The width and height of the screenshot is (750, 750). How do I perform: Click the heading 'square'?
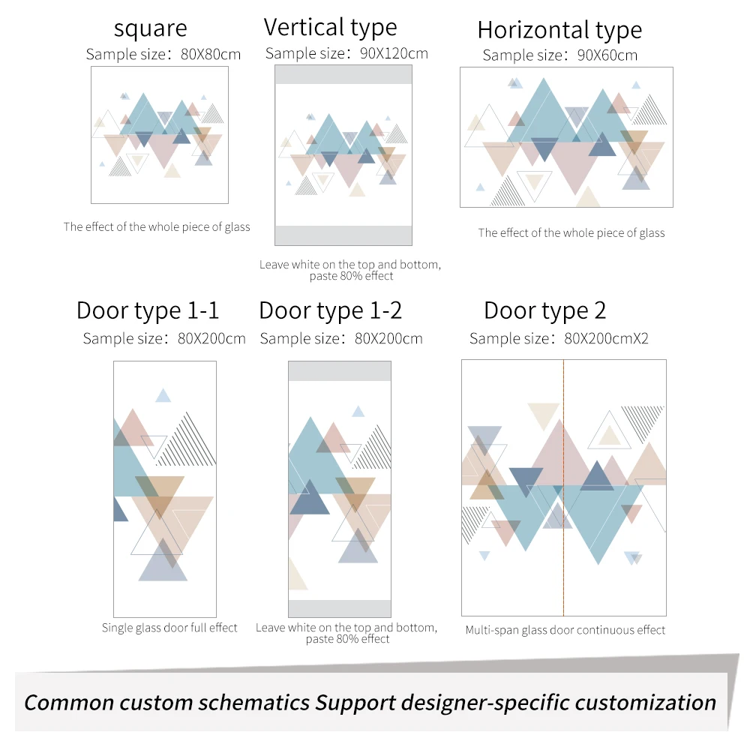pyautogui.click(x=151, y=28)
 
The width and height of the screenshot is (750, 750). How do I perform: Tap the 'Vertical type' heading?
pyautogui.click(x=331, y=28)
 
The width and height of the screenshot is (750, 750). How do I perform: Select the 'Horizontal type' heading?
pyautogui.click(x=559, y=31)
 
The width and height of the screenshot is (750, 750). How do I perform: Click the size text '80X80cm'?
pyautogui.click(x=211, y=54)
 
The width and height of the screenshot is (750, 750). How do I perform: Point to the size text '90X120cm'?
pyautogui.click(x=394, y=53)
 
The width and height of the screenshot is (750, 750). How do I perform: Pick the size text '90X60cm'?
pyautogui.click(x=607, y=55)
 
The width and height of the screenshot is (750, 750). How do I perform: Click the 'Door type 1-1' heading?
pyautogui.click(x=148, y=311)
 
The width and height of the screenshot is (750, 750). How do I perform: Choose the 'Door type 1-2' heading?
pyautogui.click(x=331, y=311)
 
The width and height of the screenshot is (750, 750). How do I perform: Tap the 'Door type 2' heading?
pyautogui.click(x=544, y=311)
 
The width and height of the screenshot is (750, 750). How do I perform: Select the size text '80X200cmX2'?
pyautogui.click(x=606, y=339)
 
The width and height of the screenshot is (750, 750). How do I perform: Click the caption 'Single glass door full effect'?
pyautogui.click(x=169, y=628)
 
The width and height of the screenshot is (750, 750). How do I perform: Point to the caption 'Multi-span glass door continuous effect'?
pyautogui.click(x=565, y=630)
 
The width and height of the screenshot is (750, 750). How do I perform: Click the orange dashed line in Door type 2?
pyautogui.click(x=563, y=488)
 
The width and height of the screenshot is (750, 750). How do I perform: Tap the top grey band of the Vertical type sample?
pyautogui.click(x=343, y=74)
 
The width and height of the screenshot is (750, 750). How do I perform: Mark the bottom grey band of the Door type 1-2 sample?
pyautogui.click(x=340, y=608)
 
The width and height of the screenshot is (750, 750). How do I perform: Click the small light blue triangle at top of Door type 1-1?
pyautogui.click(x=163, y=395)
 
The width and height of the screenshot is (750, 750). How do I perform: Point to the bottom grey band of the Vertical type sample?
pyautogui.click(x=343, y=235)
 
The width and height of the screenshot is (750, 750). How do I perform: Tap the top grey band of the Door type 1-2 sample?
pyautogui.click(x=340, y=371)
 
